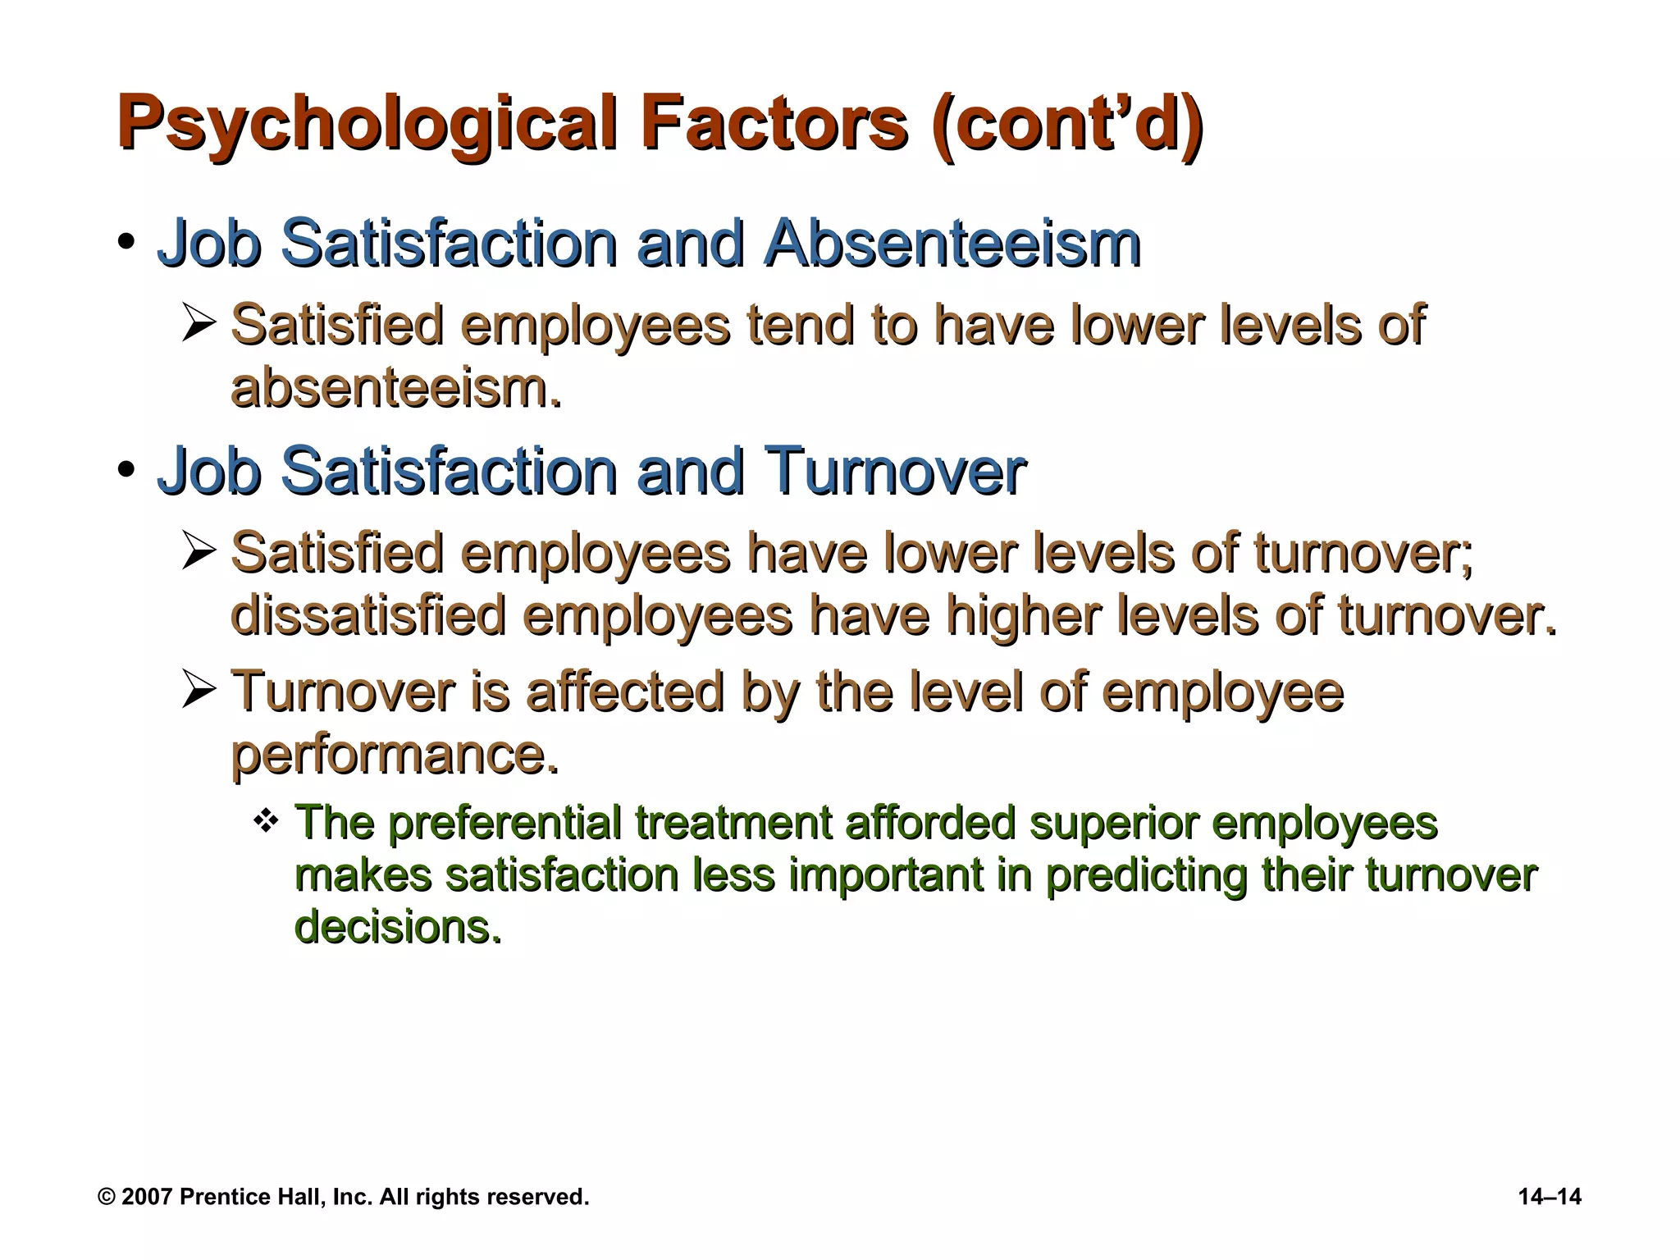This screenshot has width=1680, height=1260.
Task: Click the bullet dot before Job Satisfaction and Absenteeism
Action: pyautogui.click(x=126, y=243)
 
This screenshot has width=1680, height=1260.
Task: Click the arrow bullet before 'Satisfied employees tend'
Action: pyautogui.click(x=199, y=323)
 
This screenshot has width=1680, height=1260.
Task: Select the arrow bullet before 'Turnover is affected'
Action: pyautogui.click(x=199, y=690)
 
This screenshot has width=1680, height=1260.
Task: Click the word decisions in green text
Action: pyautogui.click(x=397, y=927)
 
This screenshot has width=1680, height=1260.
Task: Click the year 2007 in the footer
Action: pyautogui.click(x=147, y=1197)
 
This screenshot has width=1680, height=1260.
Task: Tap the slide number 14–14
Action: pyautogui.click(x=1550, y=1197)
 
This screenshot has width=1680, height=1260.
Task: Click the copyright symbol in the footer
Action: pyautogui.click(x=106, y=1197)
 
